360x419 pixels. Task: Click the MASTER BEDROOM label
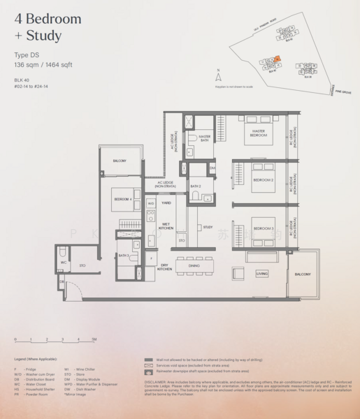[259, 133]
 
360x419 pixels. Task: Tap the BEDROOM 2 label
[263, 179]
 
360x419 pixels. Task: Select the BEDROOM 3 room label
[263, 228]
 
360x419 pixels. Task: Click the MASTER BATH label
[205, 138]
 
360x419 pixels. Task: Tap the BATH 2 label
[195, 186]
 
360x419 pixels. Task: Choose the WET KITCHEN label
[166, 226]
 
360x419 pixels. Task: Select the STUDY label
[208, 227]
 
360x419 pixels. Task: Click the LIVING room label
[261, 274]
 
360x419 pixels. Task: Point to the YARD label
[166, 203]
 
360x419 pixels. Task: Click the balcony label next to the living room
[303, 274]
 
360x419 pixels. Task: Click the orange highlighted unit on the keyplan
[278, 59]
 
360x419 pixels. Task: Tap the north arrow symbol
[219, 76]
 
